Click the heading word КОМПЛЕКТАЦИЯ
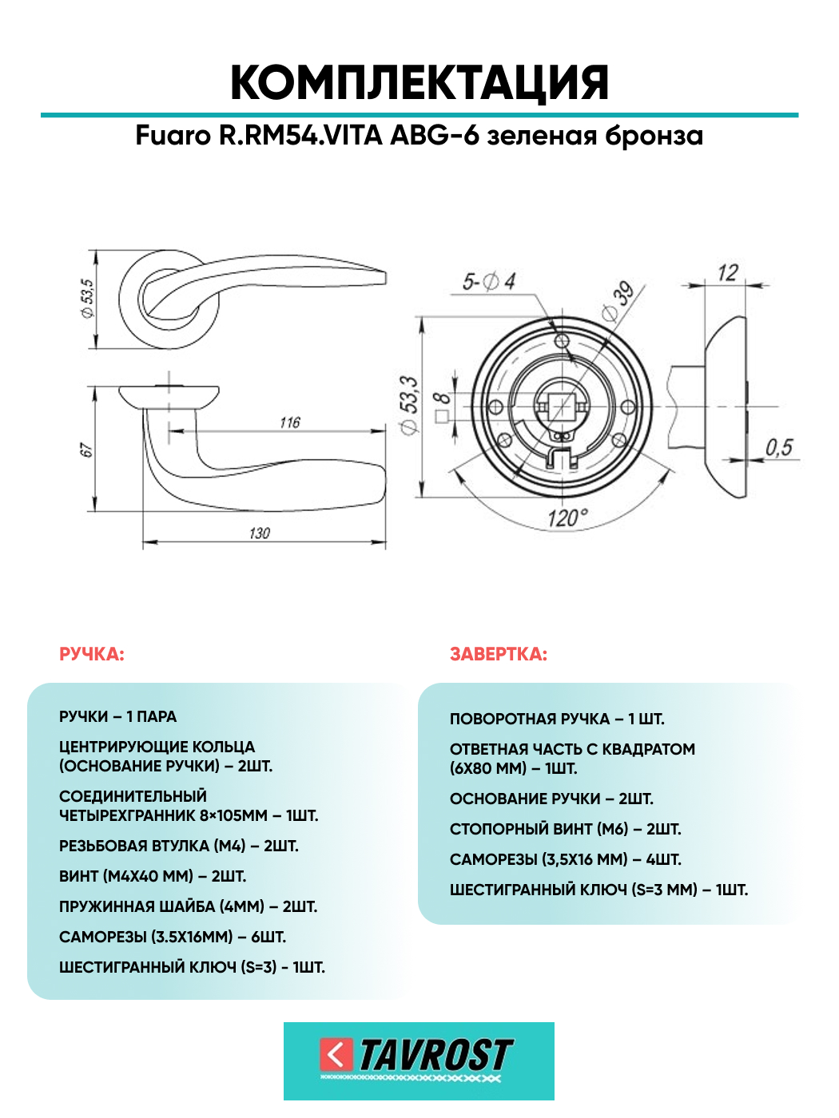pos(419,83)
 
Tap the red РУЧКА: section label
pos(92,655)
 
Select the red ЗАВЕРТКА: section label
pos(499,655)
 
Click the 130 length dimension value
pos(260,533)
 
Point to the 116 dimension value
pos(290,422)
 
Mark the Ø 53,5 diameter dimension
pos(87,298)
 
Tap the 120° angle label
pos(567,518)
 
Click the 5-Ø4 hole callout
pos(489,282)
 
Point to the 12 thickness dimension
pos(727,273)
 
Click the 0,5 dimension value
pos(779,448)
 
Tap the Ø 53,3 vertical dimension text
pos(409,406)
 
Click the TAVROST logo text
pos(435,1056)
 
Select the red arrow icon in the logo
pos(336,1055)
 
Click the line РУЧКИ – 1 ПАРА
pos(118,717)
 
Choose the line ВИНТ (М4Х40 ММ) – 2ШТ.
pos(153,876)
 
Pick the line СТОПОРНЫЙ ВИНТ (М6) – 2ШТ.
pos(565,829)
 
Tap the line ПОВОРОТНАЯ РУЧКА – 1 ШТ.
pos(557,719)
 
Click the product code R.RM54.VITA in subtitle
pos(301,136)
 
